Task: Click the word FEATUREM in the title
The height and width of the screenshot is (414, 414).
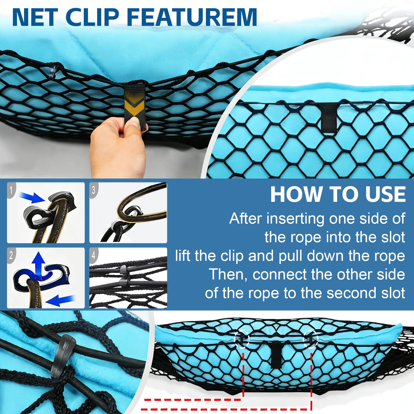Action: point(192,17)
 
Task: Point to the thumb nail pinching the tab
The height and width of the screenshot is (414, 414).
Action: point(134,122)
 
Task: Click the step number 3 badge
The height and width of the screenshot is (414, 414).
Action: point(94,190)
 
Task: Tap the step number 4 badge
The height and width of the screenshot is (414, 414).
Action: point(94,256)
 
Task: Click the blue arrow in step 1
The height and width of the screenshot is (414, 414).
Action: point(32,197)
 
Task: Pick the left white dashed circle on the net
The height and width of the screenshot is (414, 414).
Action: point(242,339)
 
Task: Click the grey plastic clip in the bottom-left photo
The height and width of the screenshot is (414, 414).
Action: point(63,356)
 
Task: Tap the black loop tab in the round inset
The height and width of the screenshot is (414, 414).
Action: point(329,116)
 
